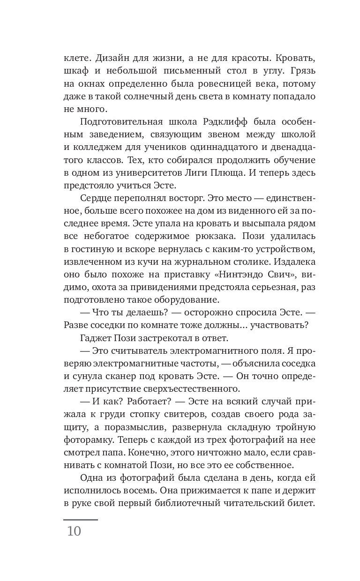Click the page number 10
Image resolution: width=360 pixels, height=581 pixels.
point(74,531)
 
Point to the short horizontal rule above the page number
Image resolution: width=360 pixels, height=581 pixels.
point(80,520)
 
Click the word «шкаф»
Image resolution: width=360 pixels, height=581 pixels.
point(75,72)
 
